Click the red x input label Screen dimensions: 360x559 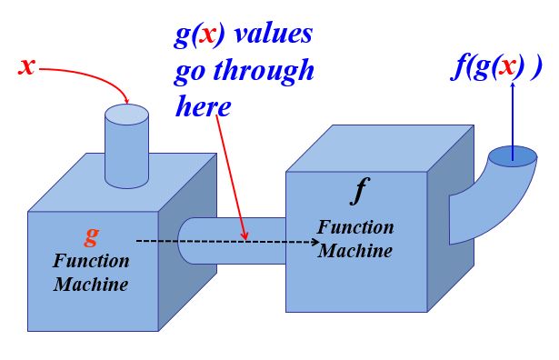pos(26,66)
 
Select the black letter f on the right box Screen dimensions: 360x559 pos(359,192)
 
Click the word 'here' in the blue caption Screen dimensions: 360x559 pos(203,106)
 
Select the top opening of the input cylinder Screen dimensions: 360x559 pos(126,115)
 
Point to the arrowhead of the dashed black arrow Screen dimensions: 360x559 pos(315,242)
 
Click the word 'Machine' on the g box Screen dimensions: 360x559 pos(91,284)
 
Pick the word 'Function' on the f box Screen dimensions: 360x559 pos(355,227)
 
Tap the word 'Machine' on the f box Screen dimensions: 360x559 pos(355,250)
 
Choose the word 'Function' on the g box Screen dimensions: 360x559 pos(91,261)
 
